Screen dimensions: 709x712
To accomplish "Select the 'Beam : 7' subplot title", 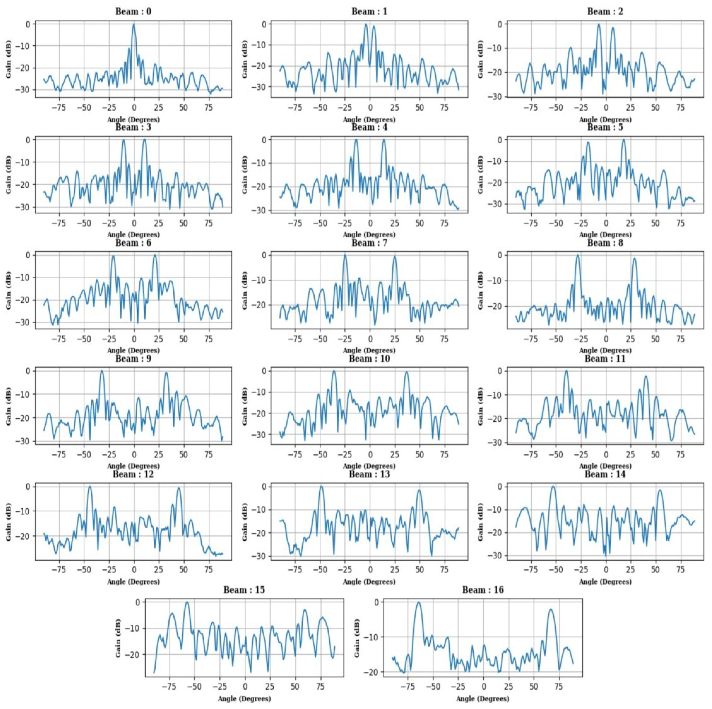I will [369, 243].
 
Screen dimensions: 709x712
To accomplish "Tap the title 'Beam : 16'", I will [483, 590].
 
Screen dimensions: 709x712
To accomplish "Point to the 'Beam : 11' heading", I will [605, 359].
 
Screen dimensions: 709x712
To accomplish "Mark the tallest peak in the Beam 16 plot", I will [418, 603].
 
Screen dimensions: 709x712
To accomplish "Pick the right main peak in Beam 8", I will [635, 258].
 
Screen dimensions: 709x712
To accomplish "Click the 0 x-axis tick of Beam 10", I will [370, 455].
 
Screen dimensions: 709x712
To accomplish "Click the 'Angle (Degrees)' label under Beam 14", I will [605, 582].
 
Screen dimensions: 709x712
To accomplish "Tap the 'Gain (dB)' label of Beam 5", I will [481, 174].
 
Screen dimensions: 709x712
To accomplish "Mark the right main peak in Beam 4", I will [384, 140].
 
